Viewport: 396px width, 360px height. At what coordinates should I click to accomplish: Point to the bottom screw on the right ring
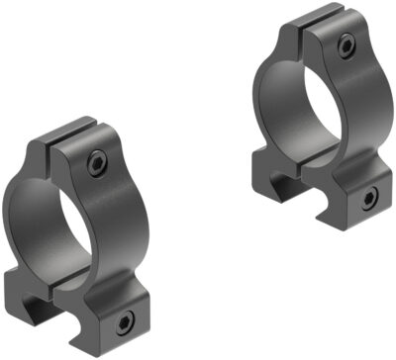pyautogui.click(x=369, y=198)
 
